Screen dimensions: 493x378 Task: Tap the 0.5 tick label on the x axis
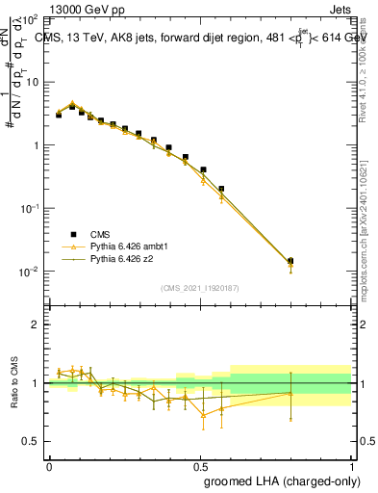200,465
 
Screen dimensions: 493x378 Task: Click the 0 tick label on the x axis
49,465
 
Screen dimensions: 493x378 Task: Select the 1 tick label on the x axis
351,465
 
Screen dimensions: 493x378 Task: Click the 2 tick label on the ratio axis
37,324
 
